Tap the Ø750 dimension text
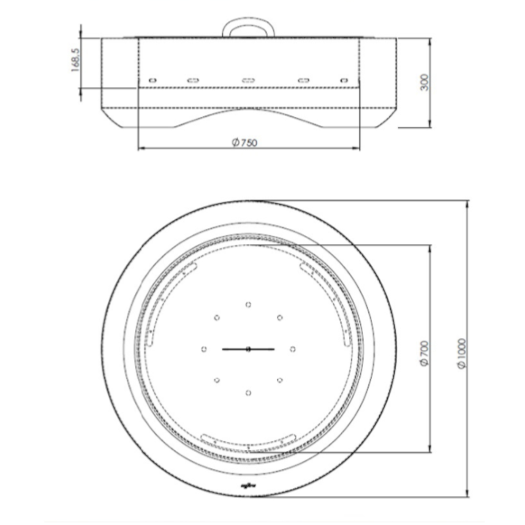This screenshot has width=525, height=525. click(244, 142)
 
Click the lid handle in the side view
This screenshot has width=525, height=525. click(248, 27)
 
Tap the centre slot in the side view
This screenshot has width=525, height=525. click(248, 80)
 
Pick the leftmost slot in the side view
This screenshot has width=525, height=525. click(153, 80)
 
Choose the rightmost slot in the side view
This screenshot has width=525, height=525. click(344, 80)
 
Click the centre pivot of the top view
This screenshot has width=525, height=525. click(248, 349)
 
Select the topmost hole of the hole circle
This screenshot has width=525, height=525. click(248, 304)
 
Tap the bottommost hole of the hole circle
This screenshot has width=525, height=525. click(248, 393)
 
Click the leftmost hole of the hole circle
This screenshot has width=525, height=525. click(204, 349)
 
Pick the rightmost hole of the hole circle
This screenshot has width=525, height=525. click(293, 349)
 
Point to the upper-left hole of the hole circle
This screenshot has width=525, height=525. click(217, 318)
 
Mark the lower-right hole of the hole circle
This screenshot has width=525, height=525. click(279, 380)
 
